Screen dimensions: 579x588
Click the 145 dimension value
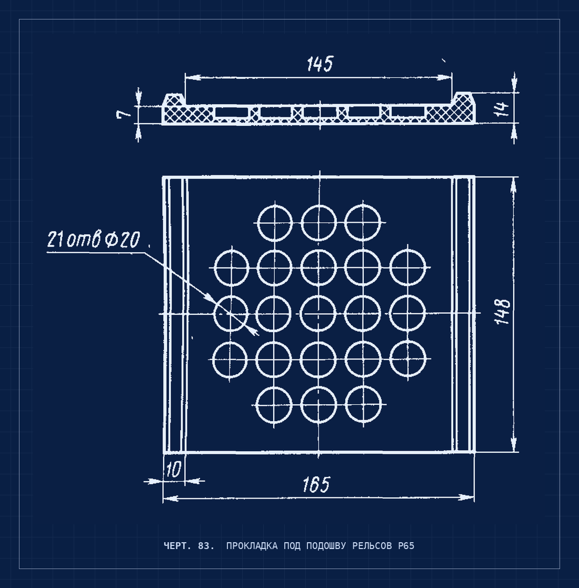pyautogui.click(x=320, y=64)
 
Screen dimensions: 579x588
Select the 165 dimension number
pyautogui.click(x=316, y=484)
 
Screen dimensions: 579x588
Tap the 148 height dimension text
pyautogui.click(x=503, y=311)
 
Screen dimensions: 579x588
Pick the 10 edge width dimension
pyautogui.click(x=173, y=469)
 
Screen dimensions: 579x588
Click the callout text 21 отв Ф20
pyautogui.click(x=93, y=239)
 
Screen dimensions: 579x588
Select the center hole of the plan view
pyautogui.click(x=318, y=314)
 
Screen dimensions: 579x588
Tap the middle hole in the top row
pyautogui.click(x=319, y=223)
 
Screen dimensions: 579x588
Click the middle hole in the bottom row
pyautogui.click(x=318, y=405)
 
